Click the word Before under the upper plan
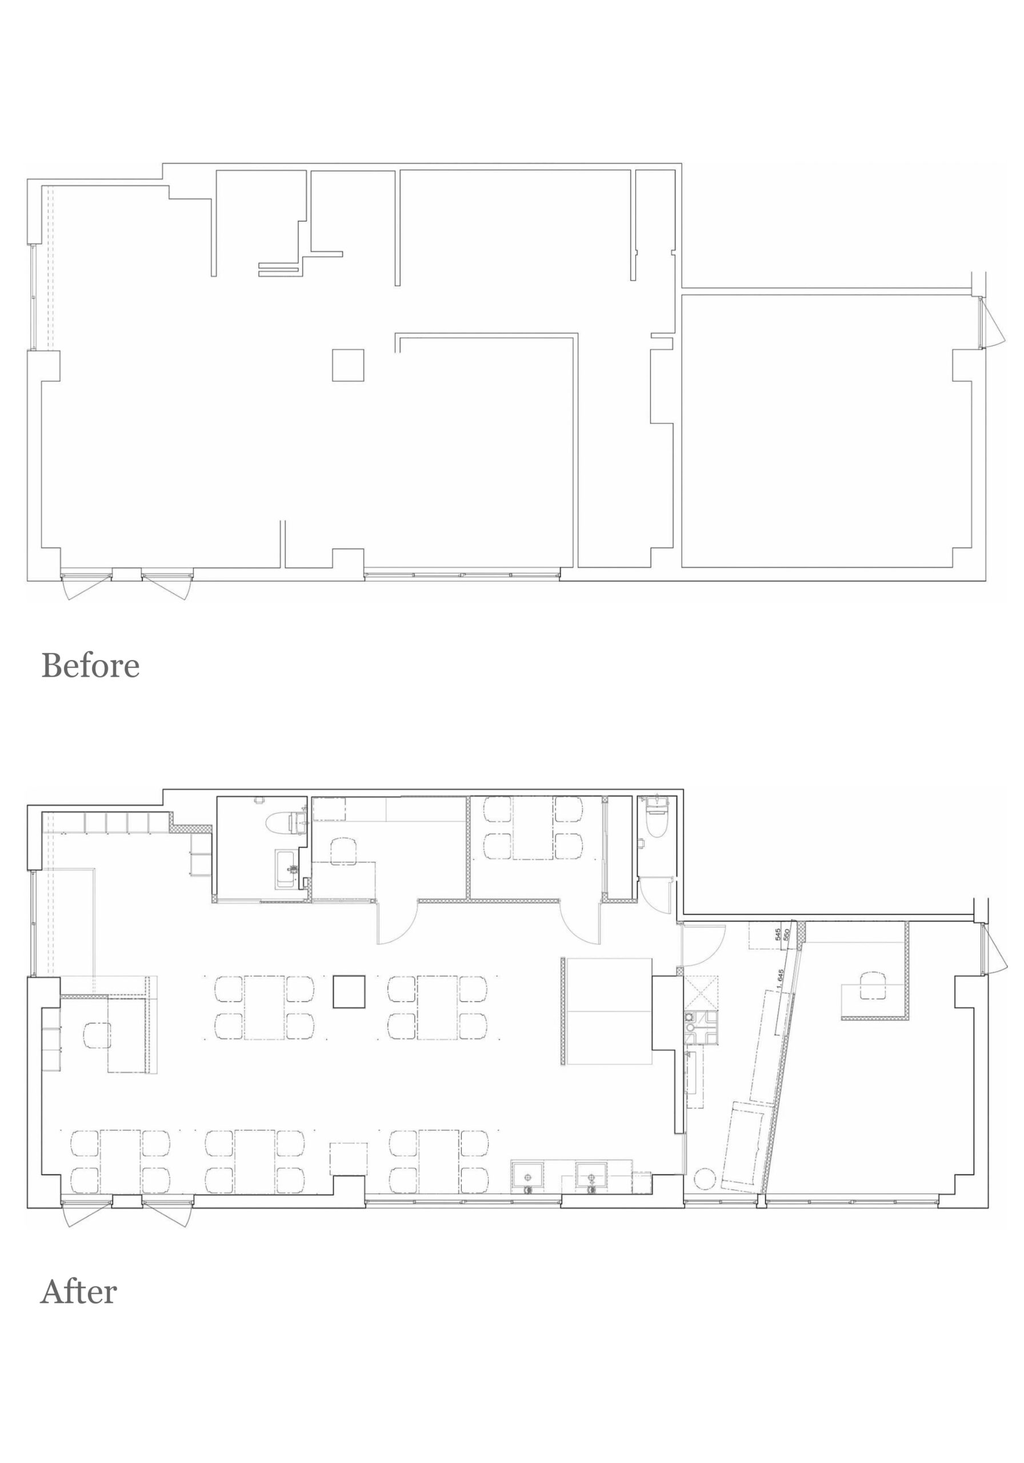(x=90, y=666)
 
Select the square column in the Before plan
(x=348, y=365)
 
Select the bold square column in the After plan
(x=349, y=992)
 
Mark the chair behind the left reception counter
(x=97, y=1036)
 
